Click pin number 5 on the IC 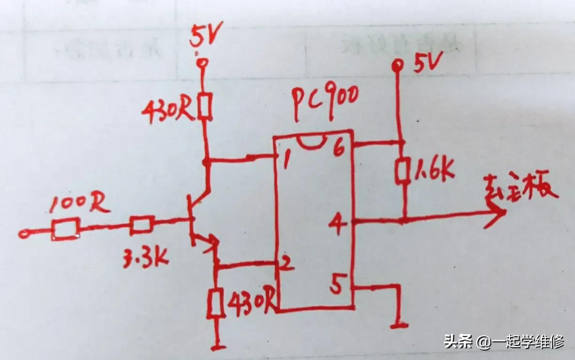337,285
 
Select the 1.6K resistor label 435,172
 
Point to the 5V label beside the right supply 428,64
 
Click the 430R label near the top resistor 169,111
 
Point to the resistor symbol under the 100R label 65,230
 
